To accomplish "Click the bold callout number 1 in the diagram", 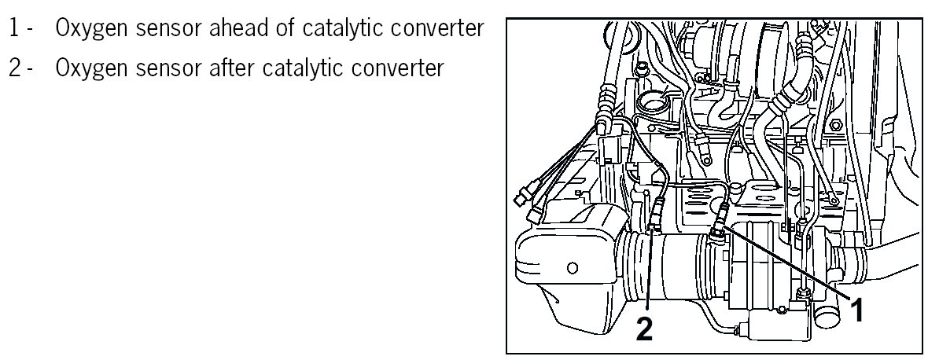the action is point(859,311).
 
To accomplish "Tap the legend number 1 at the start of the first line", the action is point(14,29).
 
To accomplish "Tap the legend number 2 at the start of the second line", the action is point(14,68).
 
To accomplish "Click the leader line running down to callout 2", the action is point(650,275).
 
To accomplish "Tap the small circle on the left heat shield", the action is point(572,266).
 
